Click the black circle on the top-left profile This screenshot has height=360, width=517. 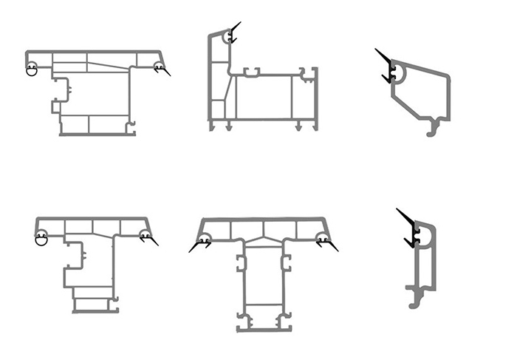(32, 70)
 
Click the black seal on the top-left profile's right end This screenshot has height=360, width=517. (162, 70)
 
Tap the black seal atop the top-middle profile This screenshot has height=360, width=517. (233, 33)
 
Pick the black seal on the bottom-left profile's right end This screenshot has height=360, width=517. (148, 238)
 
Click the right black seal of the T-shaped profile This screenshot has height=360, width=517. (325, 241)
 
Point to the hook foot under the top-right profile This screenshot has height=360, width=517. (434, 129)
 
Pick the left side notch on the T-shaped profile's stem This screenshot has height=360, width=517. (239, 261)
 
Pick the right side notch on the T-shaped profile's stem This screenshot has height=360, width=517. (287, 261)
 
